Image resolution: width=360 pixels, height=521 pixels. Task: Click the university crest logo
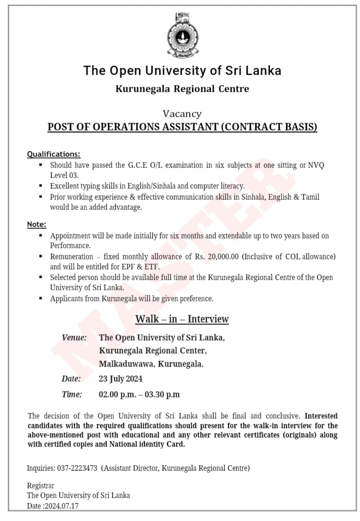182,35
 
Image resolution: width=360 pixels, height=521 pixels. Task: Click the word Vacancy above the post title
182,114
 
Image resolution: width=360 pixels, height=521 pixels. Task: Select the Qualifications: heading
54,154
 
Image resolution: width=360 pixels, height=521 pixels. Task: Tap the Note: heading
36,224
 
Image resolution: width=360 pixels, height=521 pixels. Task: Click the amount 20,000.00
223,257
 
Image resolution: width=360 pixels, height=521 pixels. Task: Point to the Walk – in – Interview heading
182,319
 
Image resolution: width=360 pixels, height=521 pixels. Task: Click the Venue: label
74,337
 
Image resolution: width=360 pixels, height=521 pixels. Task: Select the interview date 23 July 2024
120,379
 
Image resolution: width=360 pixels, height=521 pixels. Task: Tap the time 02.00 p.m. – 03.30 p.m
139,394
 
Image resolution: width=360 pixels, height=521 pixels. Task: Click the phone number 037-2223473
77,468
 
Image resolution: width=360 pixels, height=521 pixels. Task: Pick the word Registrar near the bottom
40,486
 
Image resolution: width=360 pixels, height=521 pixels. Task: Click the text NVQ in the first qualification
316,165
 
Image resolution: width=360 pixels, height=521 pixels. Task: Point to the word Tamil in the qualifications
310,197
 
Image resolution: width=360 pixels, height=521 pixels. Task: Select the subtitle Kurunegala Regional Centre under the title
182,89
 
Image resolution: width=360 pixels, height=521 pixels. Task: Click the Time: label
72,394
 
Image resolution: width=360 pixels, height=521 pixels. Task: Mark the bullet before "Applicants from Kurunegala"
41,298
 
